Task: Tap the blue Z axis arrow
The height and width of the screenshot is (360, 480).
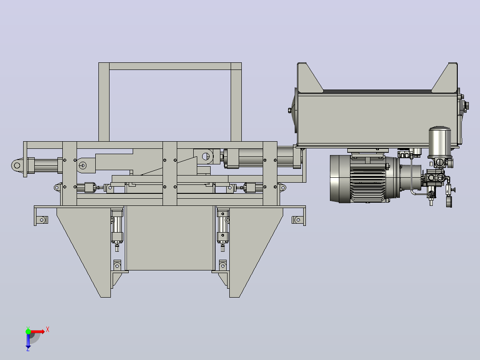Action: click(28, 341)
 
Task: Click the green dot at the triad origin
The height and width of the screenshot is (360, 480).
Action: click(28, 331)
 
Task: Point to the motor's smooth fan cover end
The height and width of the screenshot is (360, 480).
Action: click(340, 179)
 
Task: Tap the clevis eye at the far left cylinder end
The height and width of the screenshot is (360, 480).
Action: click(17, 165)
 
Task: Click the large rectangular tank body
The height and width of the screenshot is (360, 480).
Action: click(378, 119)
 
